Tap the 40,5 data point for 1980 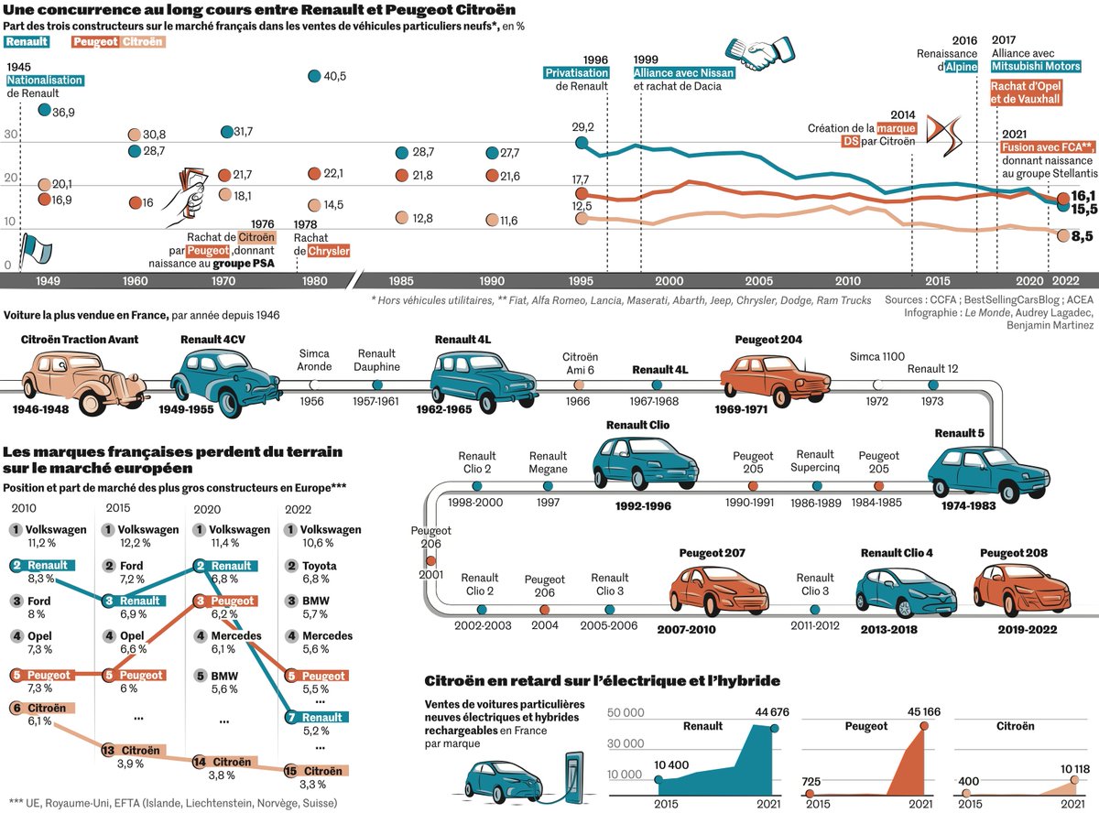pyautogui.click(x=314, y=76)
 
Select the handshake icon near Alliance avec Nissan pyautogui.click(x=759, y=53)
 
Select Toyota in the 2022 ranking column pyautogui.click(x=320, y=566)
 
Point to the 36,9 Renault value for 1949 pyautogui.click(x=62, y=111)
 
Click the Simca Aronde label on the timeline pyautogui.click(x=314, y=360)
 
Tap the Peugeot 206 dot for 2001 pyautogui.click(x=430, y=560)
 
